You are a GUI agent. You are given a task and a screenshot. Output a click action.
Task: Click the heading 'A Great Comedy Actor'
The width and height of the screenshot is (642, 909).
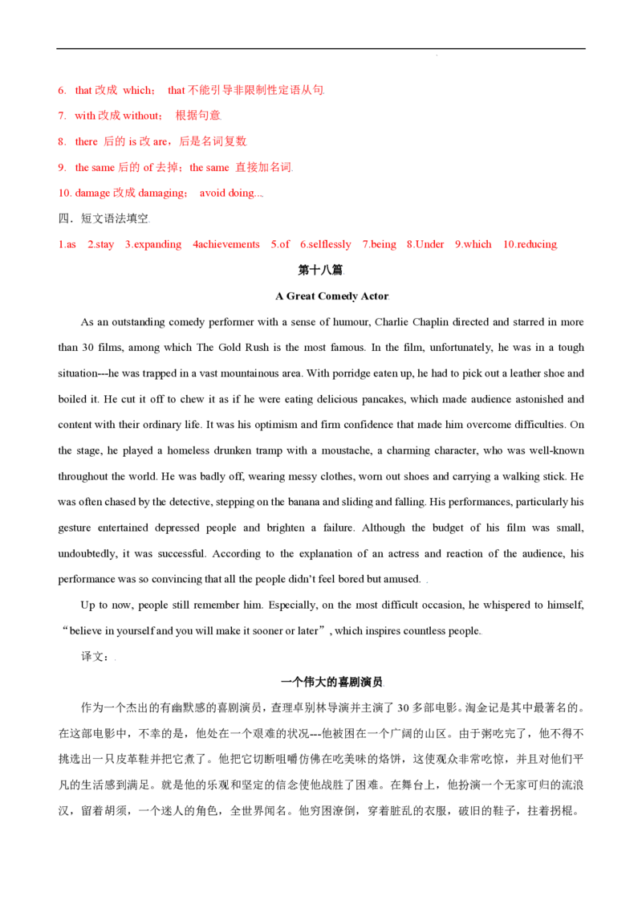click(331, 296)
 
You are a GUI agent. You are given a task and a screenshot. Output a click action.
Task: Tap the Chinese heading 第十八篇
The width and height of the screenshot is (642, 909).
click(320, 270)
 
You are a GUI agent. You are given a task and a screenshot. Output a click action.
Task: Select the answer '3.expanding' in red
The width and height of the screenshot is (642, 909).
click(153, 245)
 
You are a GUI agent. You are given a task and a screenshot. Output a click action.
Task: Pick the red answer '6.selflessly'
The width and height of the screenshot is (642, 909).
click(326, 245)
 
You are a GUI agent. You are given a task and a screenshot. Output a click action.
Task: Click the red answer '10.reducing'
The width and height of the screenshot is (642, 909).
click(530, 245)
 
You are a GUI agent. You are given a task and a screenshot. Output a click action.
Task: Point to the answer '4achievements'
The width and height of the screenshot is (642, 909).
click(226, 245)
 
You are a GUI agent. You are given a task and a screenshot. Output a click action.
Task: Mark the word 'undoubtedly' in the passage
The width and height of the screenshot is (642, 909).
click(87, 553)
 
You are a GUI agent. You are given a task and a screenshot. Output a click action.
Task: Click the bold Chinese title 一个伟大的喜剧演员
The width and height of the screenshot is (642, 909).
click(331, 683)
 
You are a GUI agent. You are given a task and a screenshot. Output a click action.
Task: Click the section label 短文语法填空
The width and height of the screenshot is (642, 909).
click(115, 218)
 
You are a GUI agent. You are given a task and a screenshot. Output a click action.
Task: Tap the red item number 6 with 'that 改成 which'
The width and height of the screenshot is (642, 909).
click(62, 91)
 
